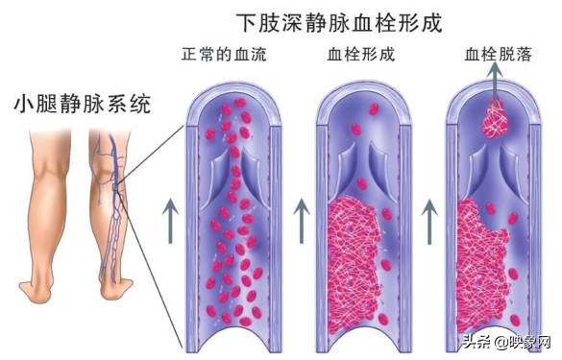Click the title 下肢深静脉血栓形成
click(x=339, y=22)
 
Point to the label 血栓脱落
click(x=496, y=56)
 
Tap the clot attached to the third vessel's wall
click(x=480, y=259)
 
